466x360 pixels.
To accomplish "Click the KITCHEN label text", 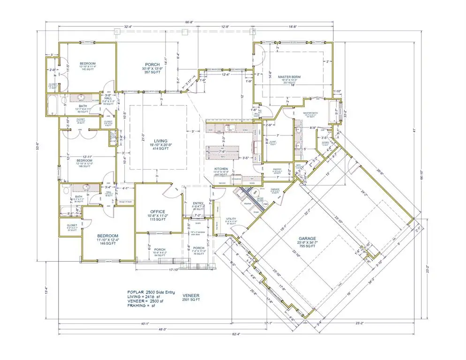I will tap(222, 169).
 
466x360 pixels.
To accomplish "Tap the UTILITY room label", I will tap(231, 219).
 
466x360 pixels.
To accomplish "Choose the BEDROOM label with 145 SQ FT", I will tap(88, 64).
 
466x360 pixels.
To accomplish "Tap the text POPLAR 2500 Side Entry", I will tap(150, 292).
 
